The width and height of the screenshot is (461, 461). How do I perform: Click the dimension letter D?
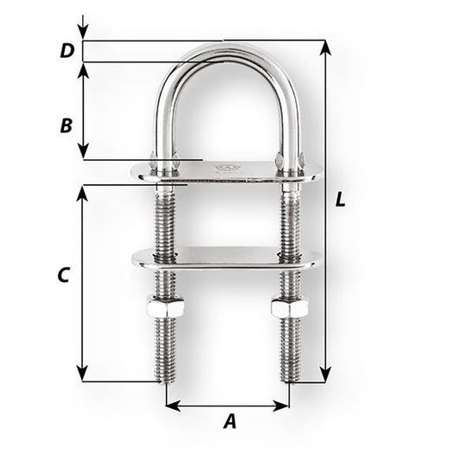66,51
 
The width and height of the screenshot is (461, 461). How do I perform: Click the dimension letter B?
66,125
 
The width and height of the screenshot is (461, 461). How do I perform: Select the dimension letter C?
62,276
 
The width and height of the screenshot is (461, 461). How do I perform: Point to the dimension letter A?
229,422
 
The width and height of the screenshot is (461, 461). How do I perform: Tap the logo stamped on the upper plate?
229,169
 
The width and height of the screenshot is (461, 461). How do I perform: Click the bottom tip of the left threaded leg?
163,380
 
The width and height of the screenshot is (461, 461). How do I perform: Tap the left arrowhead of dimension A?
170,405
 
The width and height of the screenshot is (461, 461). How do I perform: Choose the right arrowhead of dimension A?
285,405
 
